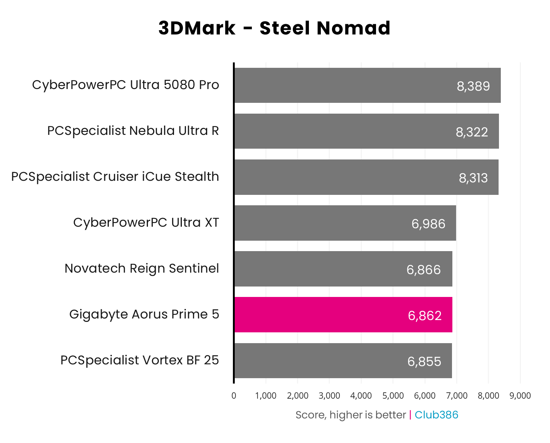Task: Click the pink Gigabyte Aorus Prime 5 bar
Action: point(343,314)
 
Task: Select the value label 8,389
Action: point(473,86)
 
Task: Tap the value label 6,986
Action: point(428,224)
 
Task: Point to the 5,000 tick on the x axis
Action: point(393,396)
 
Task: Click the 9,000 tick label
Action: point(520,396)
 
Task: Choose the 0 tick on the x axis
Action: point(234,396)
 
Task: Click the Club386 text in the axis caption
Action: point(436,415)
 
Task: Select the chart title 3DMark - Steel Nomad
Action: point(274,28)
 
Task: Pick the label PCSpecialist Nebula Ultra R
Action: point(133,131)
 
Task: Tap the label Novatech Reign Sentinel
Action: point(142,268)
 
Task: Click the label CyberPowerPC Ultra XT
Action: point(146,222)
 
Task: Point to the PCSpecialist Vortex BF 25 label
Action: point(140,360)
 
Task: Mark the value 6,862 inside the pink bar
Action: point(424,316)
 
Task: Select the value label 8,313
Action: point(473,178)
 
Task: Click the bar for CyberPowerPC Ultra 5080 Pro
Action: point(367,85)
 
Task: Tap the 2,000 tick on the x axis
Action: point(297,396)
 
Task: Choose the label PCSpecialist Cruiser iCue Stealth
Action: point(115,177)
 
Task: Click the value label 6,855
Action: point(424,361)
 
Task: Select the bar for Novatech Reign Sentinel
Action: point(343,269)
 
